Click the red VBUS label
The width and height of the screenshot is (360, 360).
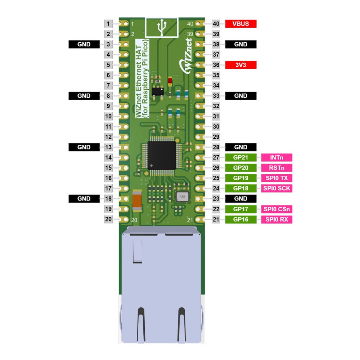click(240, 24)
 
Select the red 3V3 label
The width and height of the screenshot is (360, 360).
click(240, 65)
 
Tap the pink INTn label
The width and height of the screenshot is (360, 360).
click(276, 157)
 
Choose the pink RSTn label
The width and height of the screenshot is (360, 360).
click(276, 168)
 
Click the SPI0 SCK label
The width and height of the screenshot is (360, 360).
click(276, 188)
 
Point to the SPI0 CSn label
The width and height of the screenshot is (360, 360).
click(276, 209)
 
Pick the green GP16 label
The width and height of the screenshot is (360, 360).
click(240, 219)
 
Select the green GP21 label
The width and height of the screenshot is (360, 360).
click(240, 157)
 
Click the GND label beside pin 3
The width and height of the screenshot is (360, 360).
click(84, 45)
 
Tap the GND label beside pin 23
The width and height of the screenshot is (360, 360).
click(240, 199)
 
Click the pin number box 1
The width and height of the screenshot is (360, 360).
click(108, 24)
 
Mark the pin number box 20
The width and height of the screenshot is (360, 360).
click(108, 219)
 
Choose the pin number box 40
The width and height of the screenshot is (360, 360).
click(216, 24)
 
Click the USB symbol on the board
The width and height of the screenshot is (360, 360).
click(162, 28)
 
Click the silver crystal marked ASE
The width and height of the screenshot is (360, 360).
click(182, 197)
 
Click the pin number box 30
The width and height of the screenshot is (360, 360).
click(216, 127)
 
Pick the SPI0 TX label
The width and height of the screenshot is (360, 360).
click(276, 178)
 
